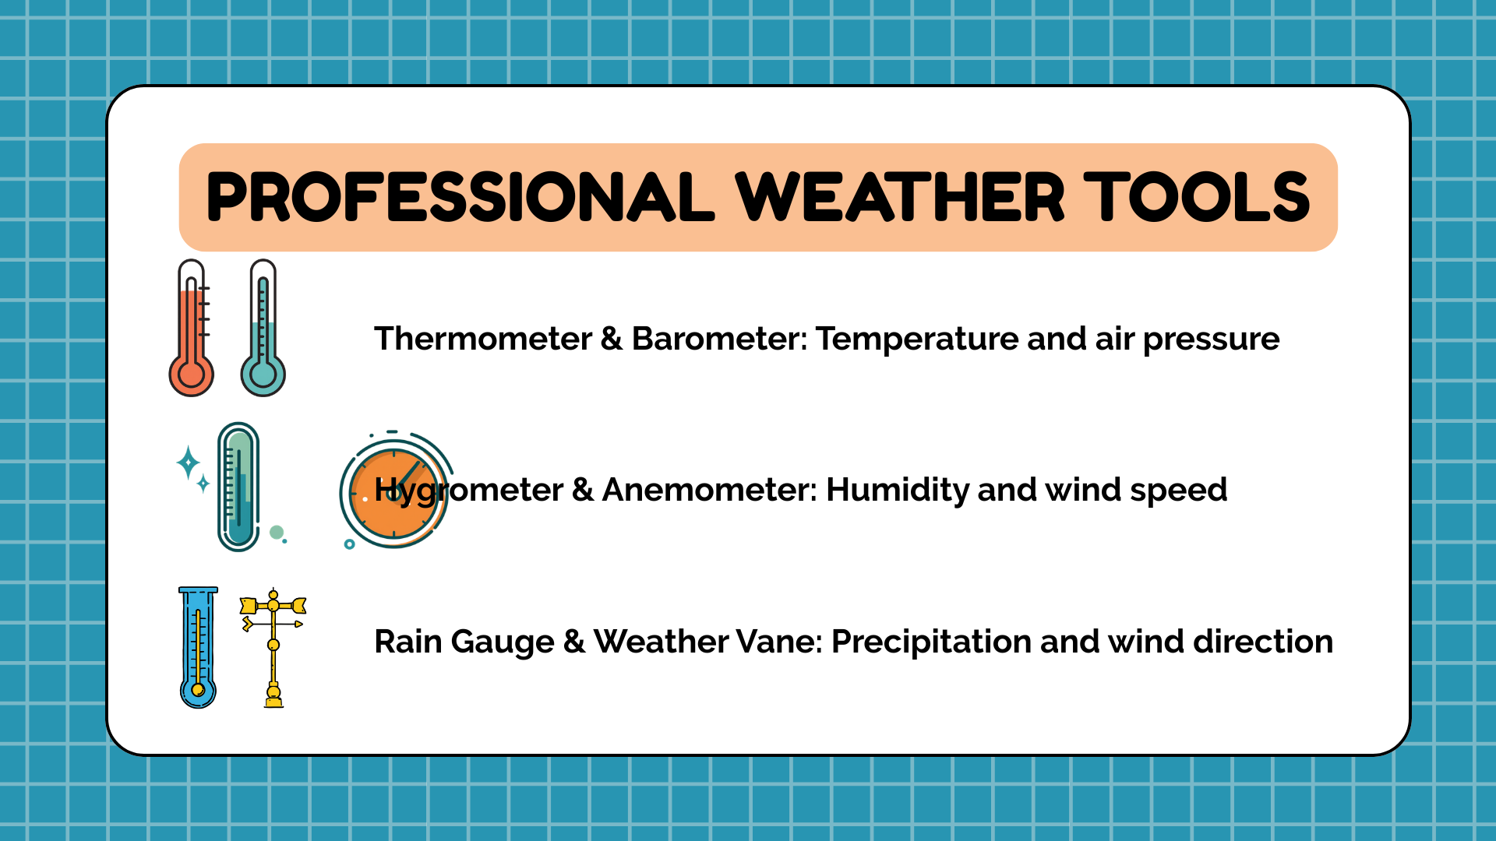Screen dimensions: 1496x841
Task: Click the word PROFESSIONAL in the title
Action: [460, 197]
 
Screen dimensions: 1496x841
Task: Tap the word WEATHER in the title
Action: [900, 197]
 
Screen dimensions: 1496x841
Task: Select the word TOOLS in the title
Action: [1198, 197]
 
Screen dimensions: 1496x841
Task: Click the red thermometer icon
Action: [191, 328]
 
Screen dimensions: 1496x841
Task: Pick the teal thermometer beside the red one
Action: [263, 328]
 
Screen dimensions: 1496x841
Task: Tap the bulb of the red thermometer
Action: [191, 375]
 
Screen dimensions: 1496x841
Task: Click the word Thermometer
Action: [483, 339]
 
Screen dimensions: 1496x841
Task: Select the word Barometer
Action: [719, 339]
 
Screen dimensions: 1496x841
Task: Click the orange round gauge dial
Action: [394, 493]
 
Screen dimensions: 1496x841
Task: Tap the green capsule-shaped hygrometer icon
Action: [238, 487]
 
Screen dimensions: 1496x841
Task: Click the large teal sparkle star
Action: [188, 463]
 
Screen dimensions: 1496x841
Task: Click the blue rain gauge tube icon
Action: [198, 647]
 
